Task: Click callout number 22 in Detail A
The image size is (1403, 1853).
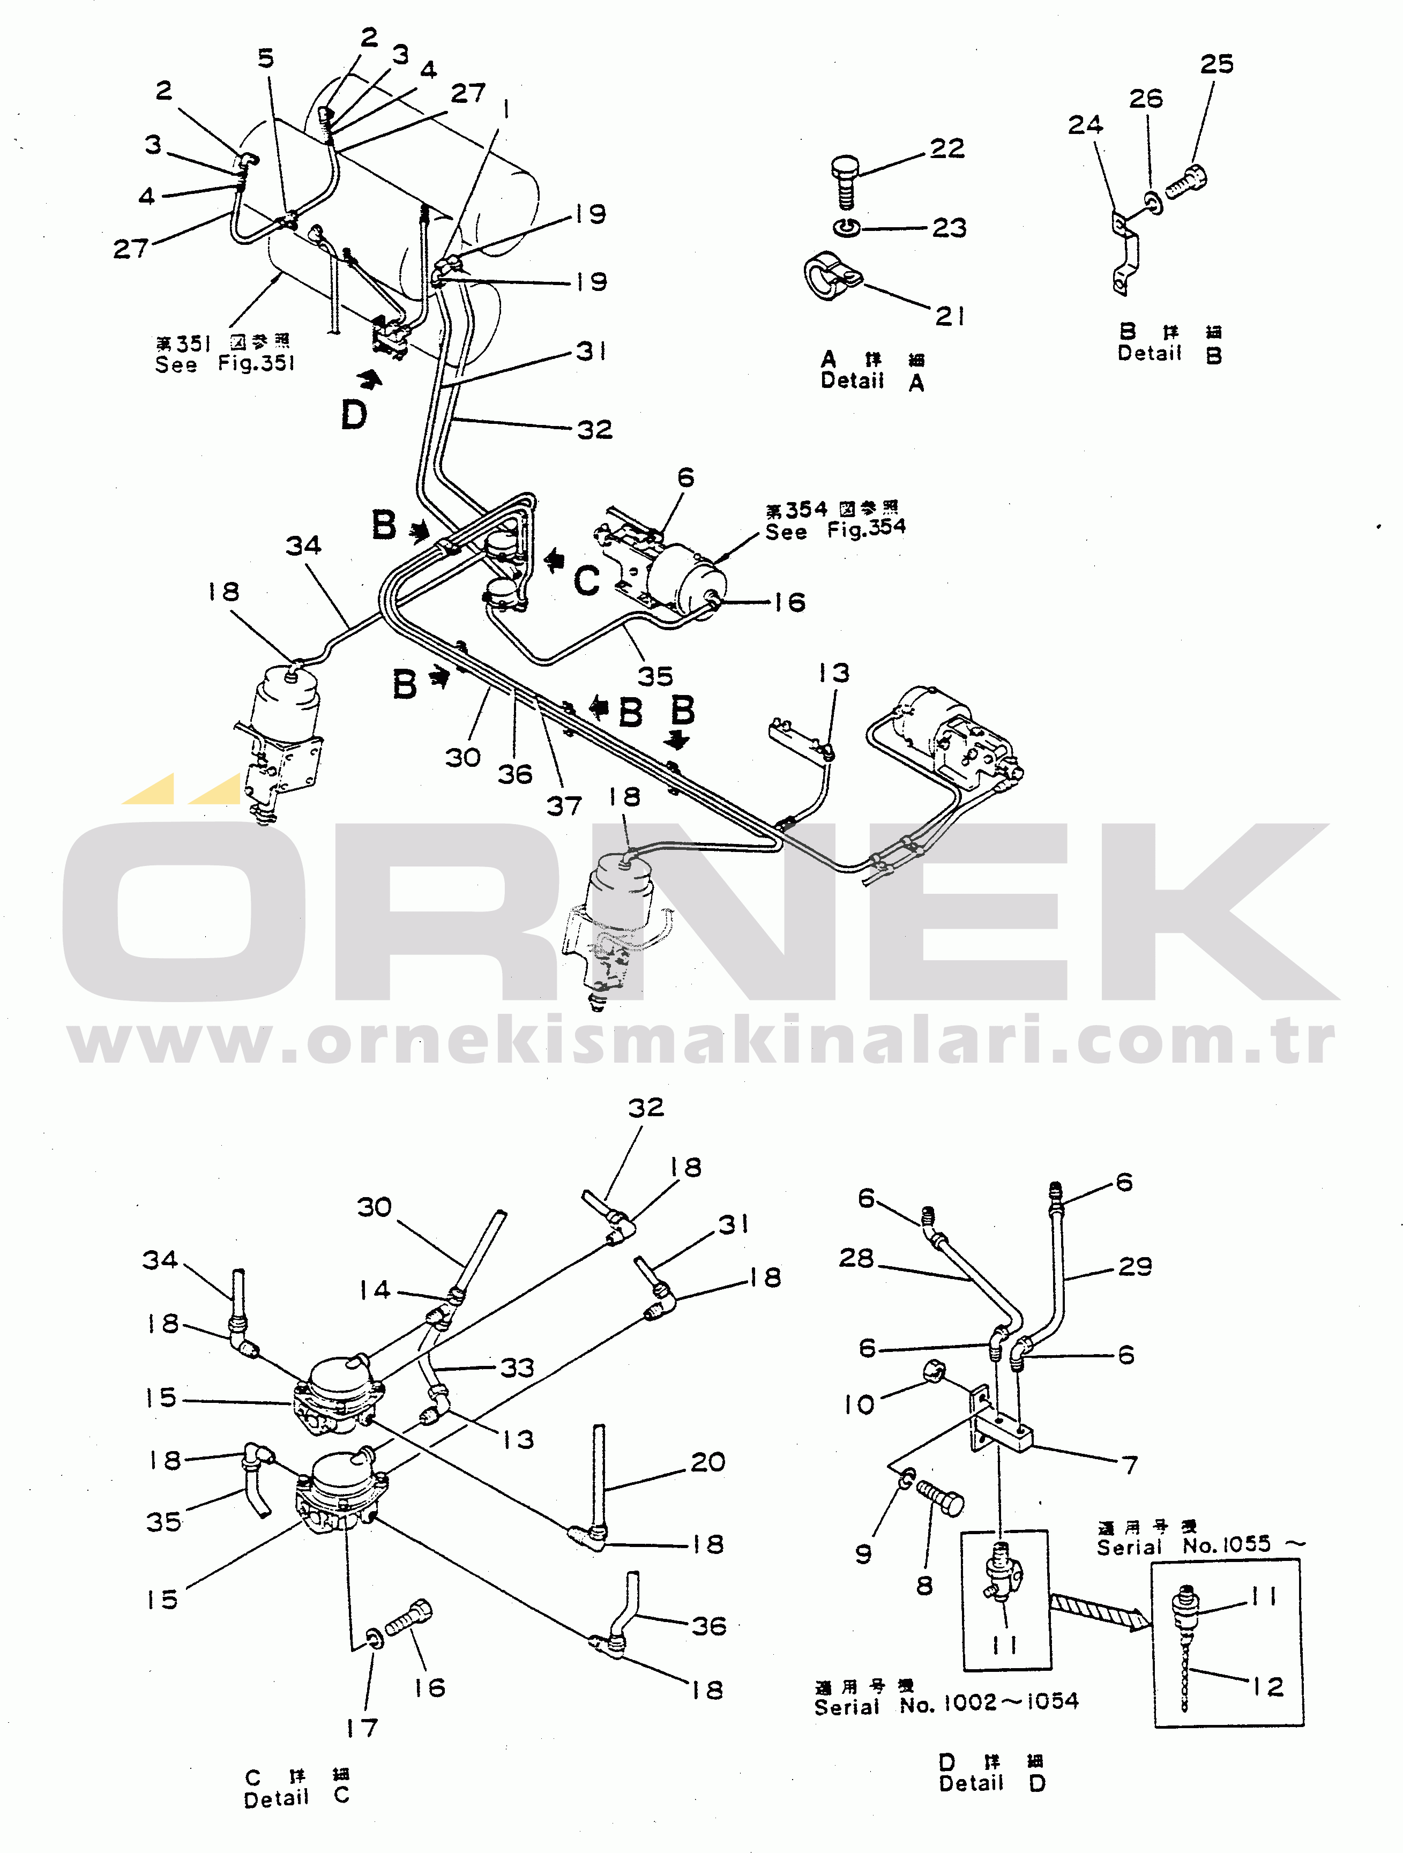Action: click(947, 149)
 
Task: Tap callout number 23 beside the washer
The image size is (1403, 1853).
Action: click(949, 228)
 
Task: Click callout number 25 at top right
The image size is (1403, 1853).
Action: click(1216, 64)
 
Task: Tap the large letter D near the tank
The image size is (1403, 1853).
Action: click(354, 415)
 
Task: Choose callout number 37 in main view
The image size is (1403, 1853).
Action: click(564, 806)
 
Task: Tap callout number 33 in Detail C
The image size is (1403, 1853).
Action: click(517, 1367)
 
